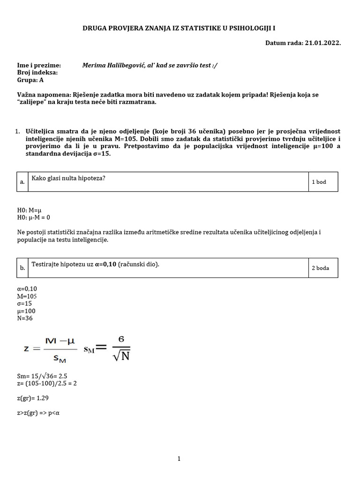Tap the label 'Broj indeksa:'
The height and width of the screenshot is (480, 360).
(37, 73)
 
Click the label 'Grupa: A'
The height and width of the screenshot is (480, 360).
(30, 80)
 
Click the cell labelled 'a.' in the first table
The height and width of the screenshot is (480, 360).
(22, 182)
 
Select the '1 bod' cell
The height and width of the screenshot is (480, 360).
(319, 182)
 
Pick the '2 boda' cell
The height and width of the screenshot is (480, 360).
(320, 268)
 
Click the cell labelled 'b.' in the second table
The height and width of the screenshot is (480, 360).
(22, 269)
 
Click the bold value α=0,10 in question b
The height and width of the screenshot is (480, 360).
(105, 264)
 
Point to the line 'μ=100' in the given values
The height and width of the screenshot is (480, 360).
(26, 311)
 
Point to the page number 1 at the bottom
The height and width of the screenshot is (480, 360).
(179, 459)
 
